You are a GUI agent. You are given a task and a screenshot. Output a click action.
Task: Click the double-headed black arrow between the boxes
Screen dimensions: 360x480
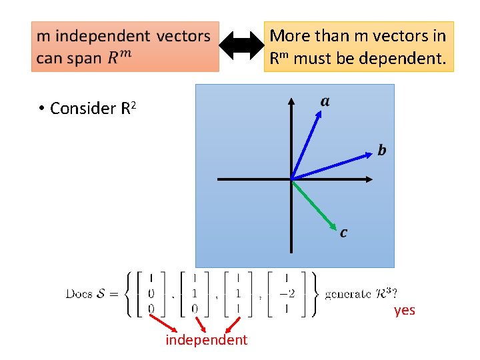click(242, 46)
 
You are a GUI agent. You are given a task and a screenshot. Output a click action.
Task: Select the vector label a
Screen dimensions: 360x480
click(325, 101)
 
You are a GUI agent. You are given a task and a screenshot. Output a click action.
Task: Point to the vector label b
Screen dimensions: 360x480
click(381, 150)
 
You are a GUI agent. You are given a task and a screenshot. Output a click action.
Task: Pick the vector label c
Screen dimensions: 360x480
click(343, 233)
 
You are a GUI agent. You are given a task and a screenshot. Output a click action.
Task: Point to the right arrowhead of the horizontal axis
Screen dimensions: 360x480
click(369, 179)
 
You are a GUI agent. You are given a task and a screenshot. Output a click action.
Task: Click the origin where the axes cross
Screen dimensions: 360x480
click(291, 179)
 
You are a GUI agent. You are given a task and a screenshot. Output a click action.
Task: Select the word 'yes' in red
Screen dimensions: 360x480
click(404, 310)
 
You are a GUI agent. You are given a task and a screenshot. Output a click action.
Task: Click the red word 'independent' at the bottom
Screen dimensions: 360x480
click(207, 340)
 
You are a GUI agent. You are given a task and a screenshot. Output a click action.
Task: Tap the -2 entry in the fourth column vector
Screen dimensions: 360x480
click(286, 294)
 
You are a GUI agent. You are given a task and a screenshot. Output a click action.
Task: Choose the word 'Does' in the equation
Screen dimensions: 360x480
click(78, 294)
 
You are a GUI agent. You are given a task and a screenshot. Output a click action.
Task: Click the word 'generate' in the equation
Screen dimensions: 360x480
click(347, 294)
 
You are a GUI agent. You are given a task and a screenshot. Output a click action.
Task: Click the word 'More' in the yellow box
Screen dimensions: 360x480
click(287, 35)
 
